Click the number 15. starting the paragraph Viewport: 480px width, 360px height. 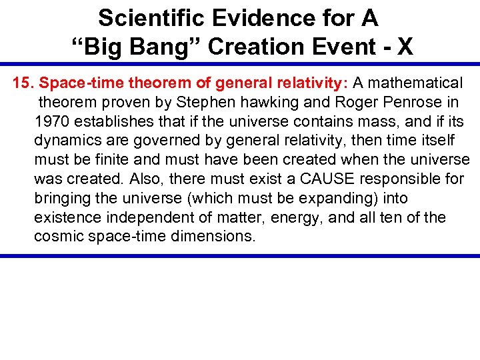pyautogui.click(x=24, y=83)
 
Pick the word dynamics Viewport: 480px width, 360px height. pyautogui.click(x=64, y=141)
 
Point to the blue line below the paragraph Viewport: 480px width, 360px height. pyautogui.click(x=240, y=255)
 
